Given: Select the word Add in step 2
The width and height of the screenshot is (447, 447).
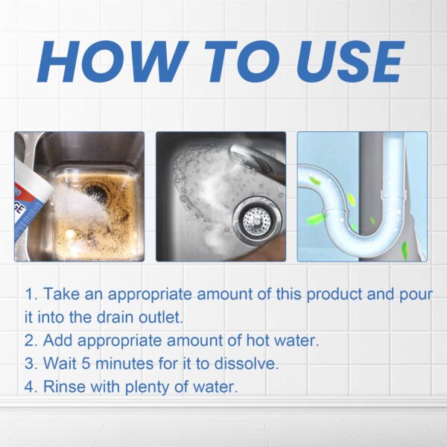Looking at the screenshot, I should click(57, 341).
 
